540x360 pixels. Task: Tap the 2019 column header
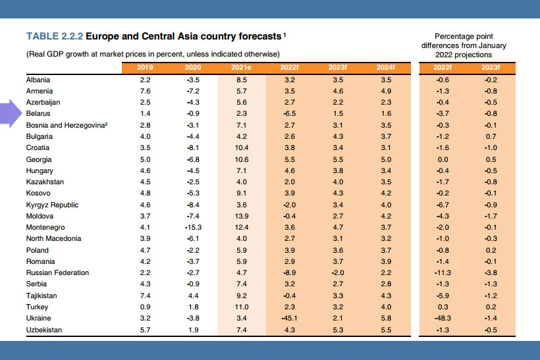(146, 67)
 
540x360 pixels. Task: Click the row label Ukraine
(39, 319)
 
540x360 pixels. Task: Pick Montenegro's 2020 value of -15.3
(193, 227)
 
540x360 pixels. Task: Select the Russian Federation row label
(57, 272)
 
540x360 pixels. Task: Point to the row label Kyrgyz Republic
(52, 205)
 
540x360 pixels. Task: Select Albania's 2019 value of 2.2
(146, 79)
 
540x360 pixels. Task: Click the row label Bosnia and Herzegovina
(66, 124)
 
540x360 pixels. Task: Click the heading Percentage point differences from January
(465, 40)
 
